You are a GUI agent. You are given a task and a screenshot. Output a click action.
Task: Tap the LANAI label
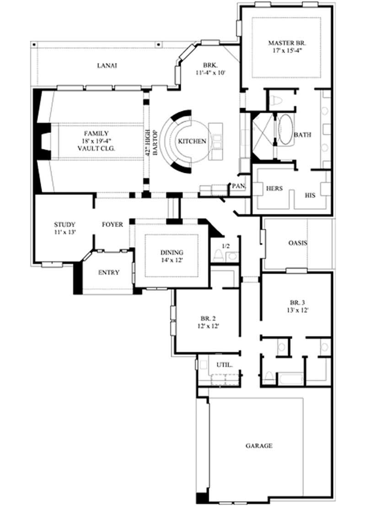coord(107,66)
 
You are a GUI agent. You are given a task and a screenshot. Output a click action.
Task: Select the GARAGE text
coord(259,445)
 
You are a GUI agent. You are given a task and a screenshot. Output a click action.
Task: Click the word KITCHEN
coord(192,141)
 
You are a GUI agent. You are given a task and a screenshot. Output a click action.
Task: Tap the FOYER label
coord(112,225)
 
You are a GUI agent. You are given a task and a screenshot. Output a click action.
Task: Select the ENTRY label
coord(109,272)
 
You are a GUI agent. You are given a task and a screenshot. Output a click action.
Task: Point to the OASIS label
coord(297,243)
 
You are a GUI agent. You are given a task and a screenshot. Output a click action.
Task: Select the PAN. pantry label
coord(239,186)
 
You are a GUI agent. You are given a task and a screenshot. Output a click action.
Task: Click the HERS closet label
coord(274,188)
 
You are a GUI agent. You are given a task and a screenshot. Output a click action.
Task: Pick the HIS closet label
coord(311,195)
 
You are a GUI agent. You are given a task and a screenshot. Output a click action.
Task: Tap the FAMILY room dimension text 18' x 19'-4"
coord(96,141)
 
